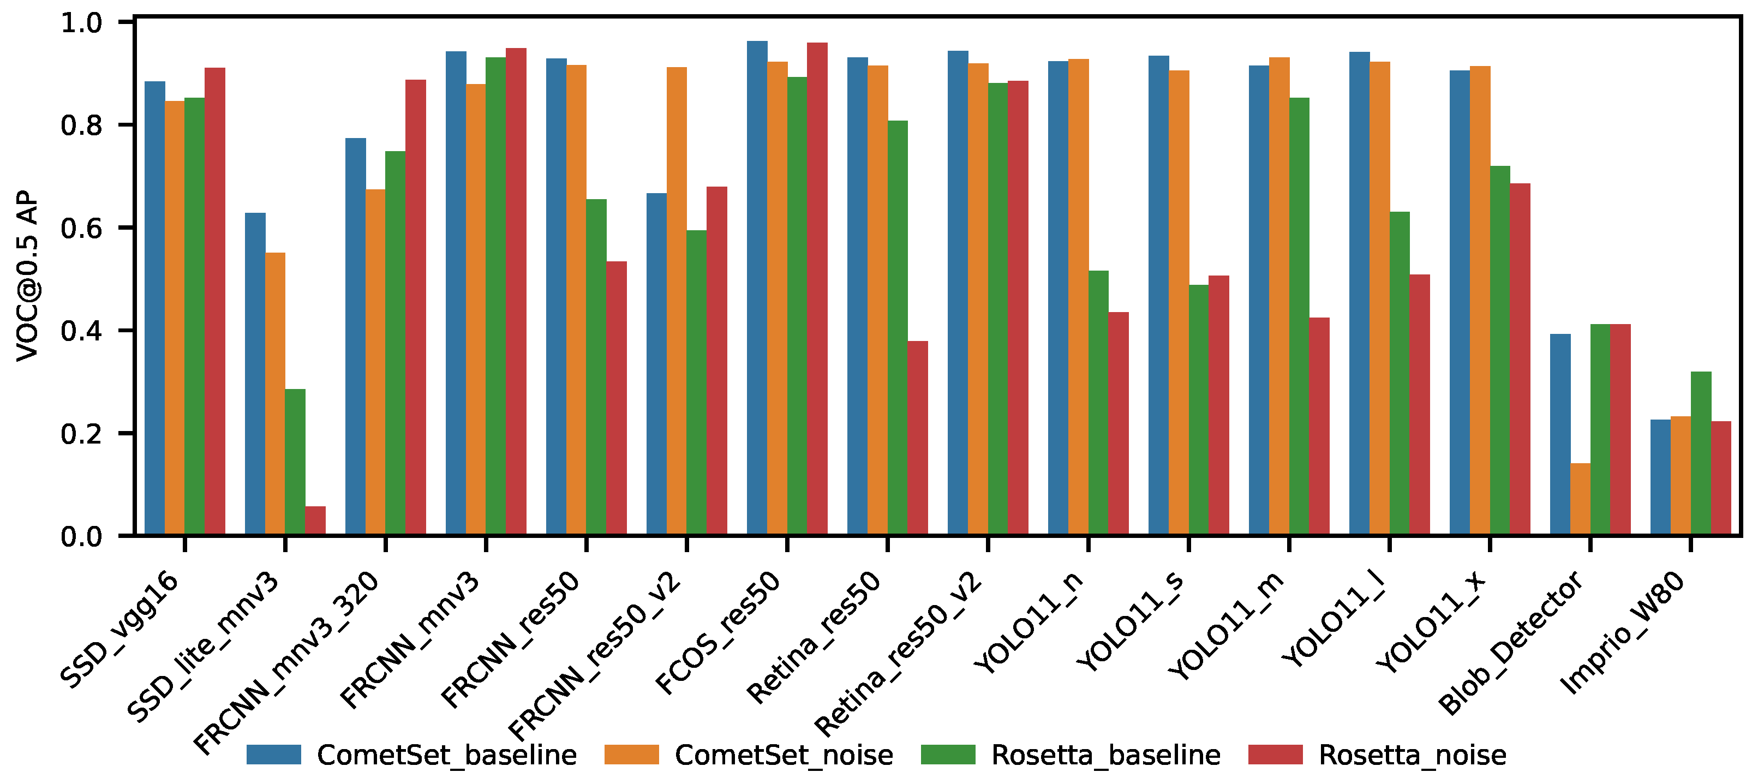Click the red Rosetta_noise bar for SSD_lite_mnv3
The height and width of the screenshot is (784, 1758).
(315, 520)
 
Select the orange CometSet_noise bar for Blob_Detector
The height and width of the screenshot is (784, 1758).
(1581, 499)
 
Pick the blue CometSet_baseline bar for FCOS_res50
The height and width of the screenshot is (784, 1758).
(757, 289)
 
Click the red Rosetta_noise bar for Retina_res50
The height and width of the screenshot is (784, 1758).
(918, 438)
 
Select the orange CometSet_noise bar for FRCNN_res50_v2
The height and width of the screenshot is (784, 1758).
(677, 302)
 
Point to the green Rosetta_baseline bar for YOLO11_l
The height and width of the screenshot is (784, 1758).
(1400, 374)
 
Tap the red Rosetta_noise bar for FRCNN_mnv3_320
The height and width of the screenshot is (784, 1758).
(416, 308)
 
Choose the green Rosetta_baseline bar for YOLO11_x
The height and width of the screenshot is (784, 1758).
(1500, 351)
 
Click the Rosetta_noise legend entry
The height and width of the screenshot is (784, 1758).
(1378, 755)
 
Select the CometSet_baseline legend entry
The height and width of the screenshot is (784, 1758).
(411, 755)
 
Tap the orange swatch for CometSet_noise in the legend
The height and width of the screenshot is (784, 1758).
(632, 755)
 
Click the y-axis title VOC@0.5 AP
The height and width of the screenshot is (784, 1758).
(28, 276)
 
